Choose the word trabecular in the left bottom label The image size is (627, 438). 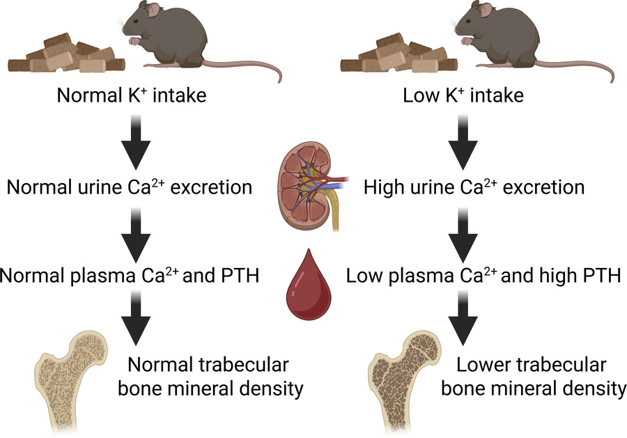[x=243, y=365]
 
